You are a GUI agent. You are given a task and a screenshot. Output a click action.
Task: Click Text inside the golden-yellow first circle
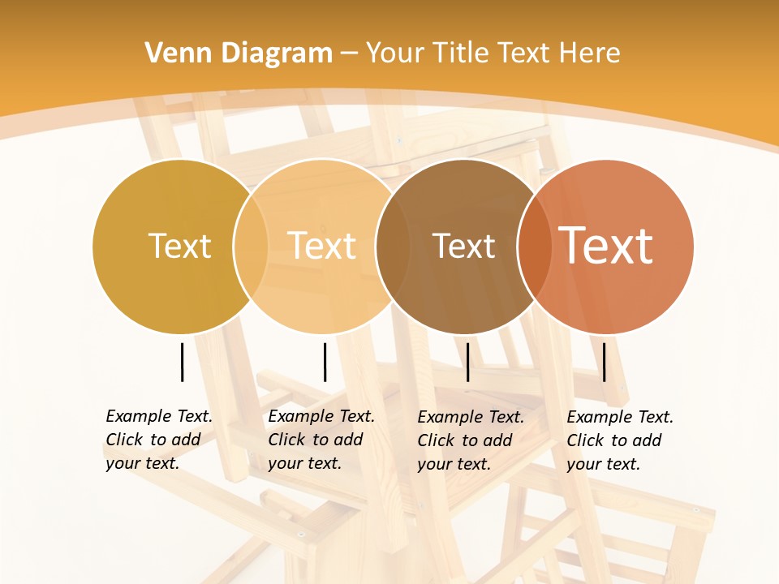coord(179,246)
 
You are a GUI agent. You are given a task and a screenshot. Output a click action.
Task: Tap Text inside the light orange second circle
coord(322,246)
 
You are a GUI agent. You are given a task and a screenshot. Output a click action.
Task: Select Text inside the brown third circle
coord(463,246)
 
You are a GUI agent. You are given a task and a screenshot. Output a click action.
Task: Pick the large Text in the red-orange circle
coord(606,246)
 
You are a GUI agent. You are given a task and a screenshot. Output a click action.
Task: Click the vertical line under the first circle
coord(182,362)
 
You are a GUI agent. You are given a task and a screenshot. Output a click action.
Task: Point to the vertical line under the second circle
coord(325,362)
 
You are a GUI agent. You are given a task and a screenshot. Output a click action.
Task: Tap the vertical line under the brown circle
coord(467,362)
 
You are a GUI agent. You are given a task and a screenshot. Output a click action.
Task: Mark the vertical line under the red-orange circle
coord(605,362)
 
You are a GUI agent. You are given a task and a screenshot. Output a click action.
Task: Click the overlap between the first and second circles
coord(251,246)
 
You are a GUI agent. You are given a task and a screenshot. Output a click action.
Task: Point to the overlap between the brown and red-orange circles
coord(533,246)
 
